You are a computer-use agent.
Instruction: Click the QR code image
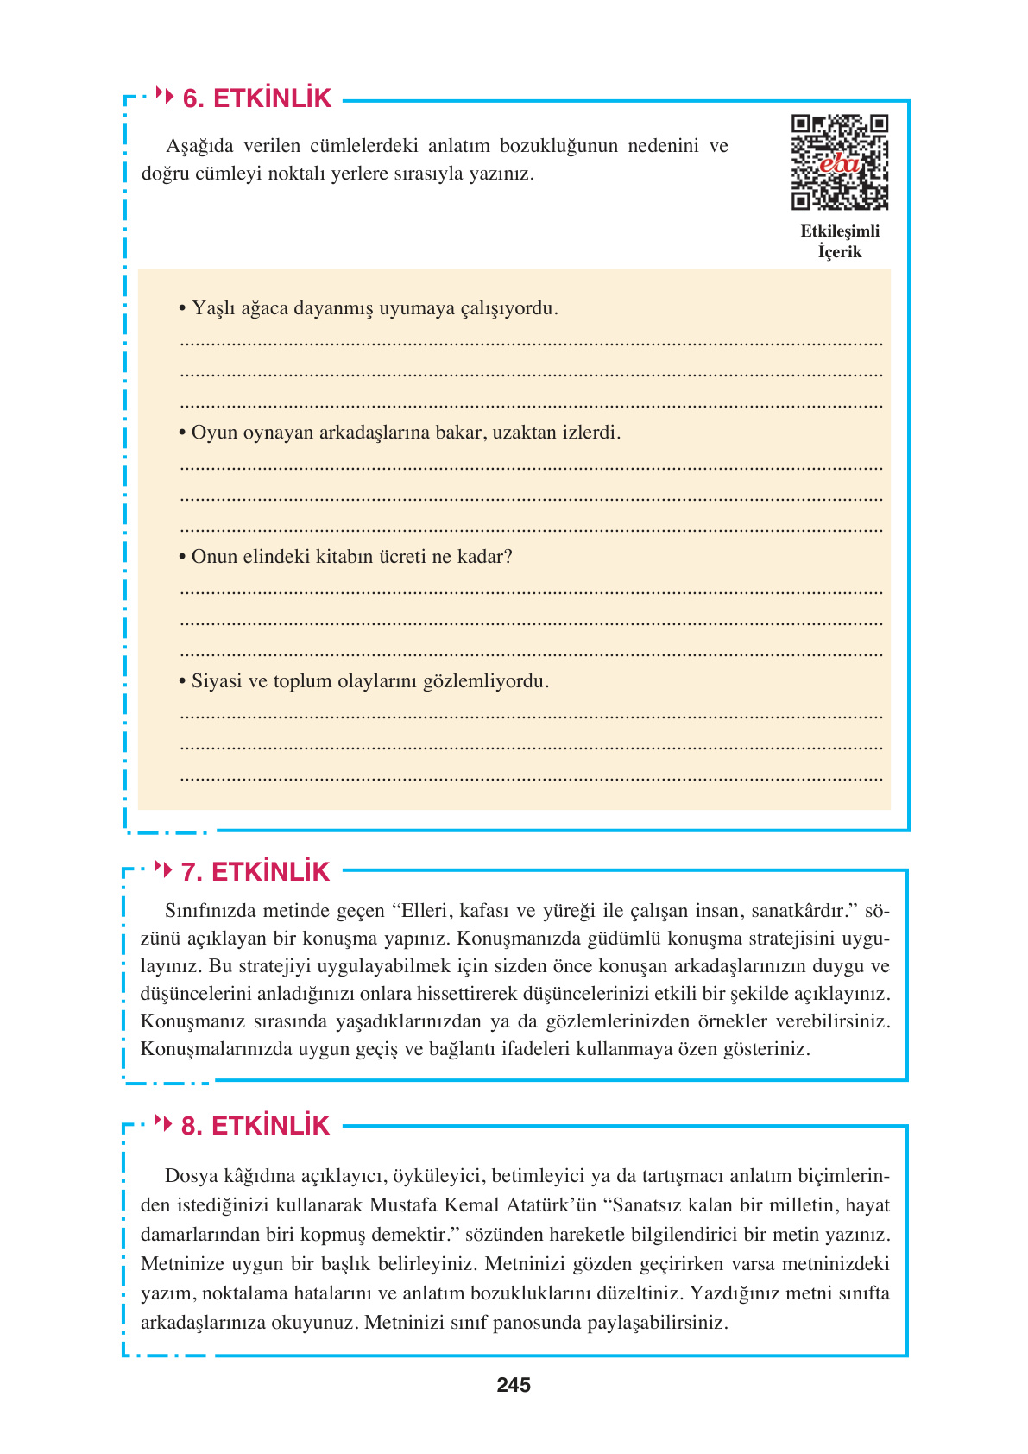pos(839,162)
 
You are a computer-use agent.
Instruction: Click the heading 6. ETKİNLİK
pos(256,98)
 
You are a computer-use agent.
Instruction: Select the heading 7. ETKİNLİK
pos(255,872)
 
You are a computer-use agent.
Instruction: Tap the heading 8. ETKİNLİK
pos(255,1126)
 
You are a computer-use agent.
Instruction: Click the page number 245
pos(514,1385)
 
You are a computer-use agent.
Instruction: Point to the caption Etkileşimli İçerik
pos(839,242)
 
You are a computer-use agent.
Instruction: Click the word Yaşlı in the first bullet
pos(211,308)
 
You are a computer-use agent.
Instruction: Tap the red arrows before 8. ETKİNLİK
pos(162,1122)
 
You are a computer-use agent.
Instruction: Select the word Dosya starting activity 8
pos(191,1175)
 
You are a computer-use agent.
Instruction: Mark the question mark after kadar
pos(508,557)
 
